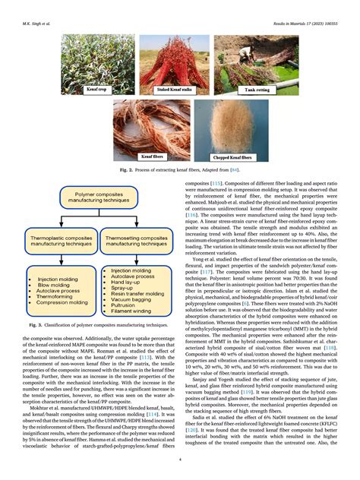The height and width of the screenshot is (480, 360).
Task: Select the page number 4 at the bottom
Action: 180,459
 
